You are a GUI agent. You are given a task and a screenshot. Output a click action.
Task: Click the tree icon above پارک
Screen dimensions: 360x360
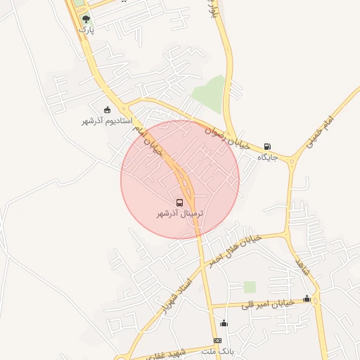point(86,19)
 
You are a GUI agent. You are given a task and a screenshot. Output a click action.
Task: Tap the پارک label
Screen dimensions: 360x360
point(86,30)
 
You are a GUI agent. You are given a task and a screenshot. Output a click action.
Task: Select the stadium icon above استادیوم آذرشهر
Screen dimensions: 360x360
point(107,110)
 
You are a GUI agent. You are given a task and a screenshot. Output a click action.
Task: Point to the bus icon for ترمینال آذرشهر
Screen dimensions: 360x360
point(180,202)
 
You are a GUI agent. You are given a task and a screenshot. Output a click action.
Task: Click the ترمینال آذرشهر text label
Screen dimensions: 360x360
point(180,212)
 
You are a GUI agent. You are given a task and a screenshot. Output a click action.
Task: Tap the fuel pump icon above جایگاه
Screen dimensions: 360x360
point(267,147)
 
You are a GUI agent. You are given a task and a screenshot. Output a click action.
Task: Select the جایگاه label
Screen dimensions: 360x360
point(267,157)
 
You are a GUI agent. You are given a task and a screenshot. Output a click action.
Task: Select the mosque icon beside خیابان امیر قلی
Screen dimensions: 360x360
point(306,299)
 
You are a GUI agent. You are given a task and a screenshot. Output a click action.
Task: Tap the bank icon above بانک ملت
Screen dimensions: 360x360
point(217,340)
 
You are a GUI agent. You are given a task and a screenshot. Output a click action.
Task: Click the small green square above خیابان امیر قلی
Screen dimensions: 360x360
point(250,286)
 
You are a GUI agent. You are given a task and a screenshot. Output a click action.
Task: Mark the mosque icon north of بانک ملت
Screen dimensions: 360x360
point(224,323)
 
